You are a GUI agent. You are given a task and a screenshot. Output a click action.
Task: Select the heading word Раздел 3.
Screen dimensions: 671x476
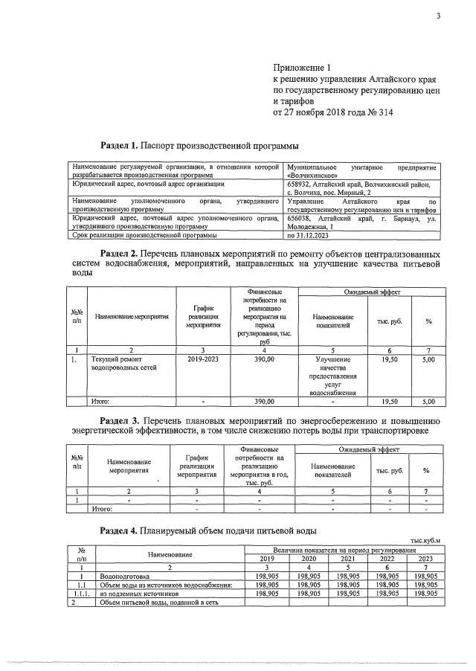119,422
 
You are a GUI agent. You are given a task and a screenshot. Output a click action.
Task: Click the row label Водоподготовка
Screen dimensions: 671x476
124,576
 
